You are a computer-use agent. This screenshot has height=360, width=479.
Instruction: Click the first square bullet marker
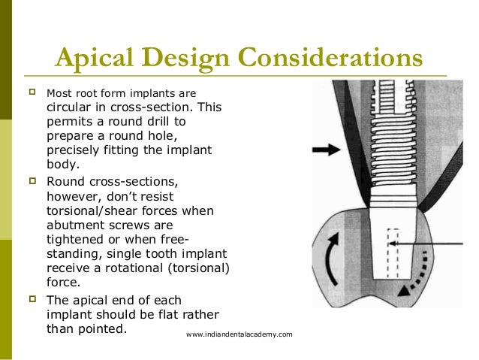coord(32,94)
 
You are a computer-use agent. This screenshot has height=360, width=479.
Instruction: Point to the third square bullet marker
coord(32,299)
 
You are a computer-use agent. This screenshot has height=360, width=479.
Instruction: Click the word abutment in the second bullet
coord(77,225)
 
